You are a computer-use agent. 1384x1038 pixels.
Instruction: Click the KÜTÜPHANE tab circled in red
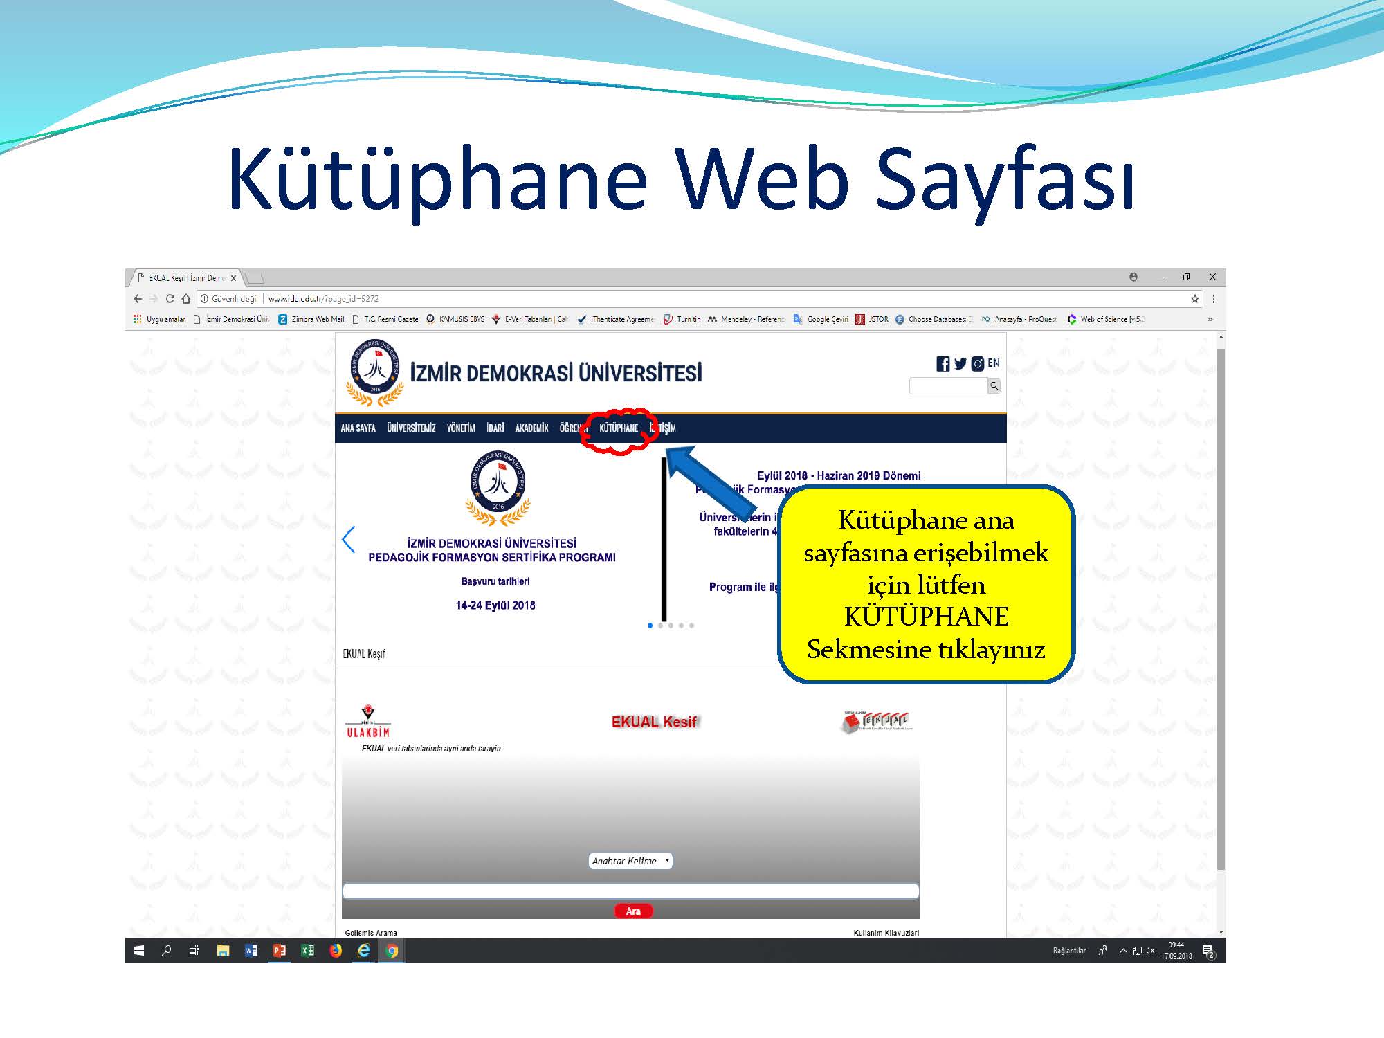click(619, 428)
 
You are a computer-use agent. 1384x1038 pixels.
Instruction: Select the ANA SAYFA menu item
click(358, 428)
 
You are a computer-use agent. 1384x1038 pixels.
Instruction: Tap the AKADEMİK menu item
click(531, 428)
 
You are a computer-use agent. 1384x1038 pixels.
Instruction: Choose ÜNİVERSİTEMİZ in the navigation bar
click(411, 428)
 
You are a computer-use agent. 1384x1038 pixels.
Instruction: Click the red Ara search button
click(633, 911)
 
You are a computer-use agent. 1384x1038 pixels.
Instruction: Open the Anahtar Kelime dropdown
click(630, 861)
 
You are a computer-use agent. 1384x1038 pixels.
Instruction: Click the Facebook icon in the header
click(943, 364)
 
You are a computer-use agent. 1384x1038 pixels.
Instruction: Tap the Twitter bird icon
click(960, 363)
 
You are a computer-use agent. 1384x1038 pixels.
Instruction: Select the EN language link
click(994, 363)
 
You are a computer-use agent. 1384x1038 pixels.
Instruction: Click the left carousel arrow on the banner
click(349, 540)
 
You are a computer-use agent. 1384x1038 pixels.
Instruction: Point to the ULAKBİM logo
click(368, 722)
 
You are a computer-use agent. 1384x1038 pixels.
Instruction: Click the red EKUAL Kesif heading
click(654, 722)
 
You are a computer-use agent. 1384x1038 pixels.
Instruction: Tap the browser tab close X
click(234, 278)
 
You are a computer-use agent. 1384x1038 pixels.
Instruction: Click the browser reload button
click(170, 299)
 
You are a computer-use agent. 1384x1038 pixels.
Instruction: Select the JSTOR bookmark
click(873, 319)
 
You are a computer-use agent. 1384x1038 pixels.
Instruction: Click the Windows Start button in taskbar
click(138, 951)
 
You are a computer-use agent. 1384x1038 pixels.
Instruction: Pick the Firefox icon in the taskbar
click(336, 951)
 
